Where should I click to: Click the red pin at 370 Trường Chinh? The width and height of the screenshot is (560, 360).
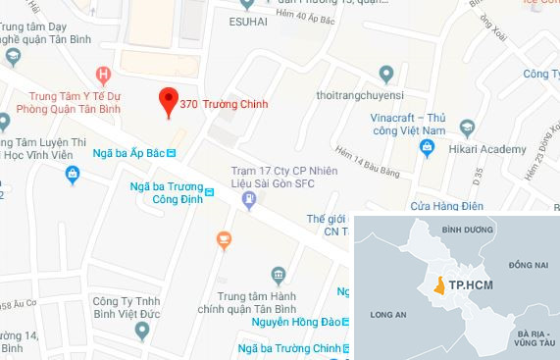(x=168, y=100)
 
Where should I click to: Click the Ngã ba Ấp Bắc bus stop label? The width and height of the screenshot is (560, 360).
(x=130, y=153)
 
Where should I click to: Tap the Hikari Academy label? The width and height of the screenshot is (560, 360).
(x=478, y=147)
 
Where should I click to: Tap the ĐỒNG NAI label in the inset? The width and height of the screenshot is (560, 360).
(x=526, y=265)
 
